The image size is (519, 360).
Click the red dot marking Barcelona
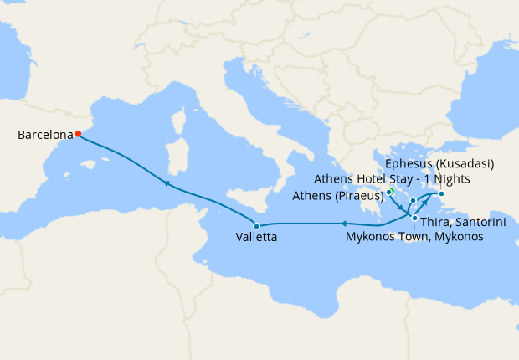[77, 133]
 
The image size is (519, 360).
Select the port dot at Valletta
[257, 226]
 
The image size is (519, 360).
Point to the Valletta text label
[257, 238]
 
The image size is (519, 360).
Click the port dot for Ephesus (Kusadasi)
[441, 195]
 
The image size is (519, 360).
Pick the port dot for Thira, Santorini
[414, 218]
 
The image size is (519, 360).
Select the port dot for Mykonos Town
[413, 201]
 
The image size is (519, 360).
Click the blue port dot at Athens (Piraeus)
[389, 193]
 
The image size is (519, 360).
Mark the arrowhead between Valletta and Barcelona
[167, 183]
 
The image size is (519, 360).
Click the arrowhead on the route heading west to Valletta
[342, 223]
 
